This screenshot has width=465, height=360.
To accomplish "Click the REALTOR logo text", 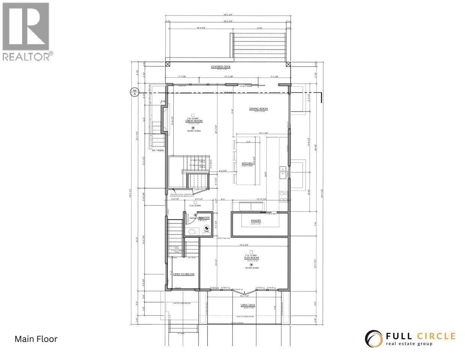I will click(27, 56).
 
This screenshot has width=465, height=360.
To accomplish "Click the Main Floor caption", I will click(36, 339).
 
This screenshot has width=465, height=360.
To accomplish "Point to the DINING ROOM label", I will click(258, 109).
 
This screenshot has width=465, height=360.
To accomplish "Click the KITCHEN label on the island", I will click(247, 164).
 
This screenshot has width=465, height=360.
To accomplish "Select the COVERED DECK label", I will click(220, 67).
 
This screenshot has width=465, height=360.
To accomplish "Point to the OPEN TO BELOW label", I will click(184, 274).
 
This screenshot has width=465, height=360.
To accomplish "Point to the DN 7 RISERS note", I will click(158, 150).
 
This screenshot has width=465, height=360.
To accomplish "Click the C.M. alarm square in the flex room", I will click(251, 252).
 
